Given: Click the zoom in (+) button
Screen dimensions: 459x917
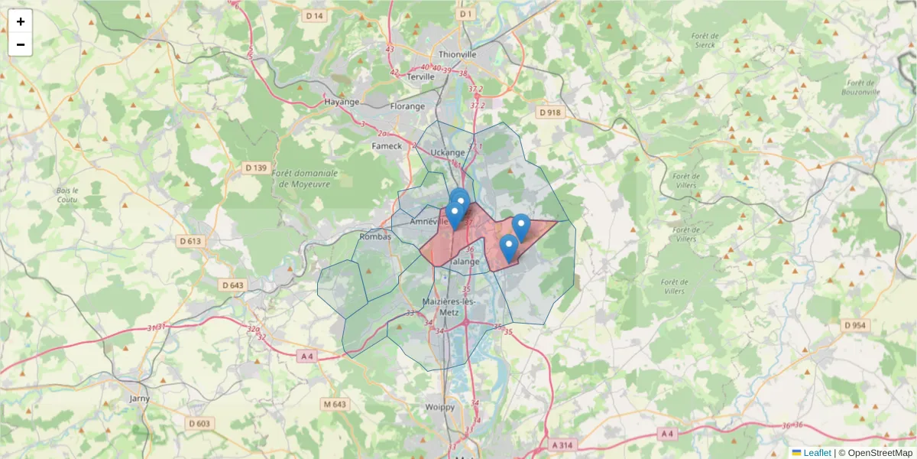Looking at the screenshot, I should click(x=21, y=21).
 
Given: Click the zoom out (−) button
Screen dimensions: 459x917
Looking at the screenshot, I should click(x=21, y=44).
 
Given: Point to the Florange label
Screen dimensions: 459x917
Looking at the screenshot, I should click(x=407, y=106).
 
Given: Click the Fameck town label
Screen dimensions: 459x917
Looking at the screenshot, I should click(x=386, y=146).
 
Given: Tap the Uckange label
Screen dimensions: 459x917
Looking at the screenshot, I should click(x=448, y=152).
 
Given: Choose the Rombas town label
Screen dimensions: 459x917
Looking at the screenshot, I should click(x=375, y=236).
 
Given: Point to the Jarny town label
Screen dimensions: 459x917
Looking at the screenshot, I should click(x=140, y=399).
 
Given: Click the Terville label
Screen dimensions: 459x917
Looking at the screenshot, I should click(x=421, y=76).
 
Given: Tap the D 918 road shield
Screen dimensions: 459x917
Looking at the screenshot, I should click(x=549, y=112).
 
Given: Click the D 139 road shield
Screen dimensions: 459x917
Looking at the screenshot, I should click(x=256, y=168).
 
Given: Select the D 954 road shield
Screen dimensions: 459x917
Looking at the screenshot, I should click(x=856, y=325).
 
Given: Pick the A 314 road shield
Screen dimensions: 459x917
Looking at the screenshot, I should click(x=562, y=444).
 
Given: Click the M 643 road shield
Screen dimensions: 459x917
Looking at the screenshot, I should click(x=335, y=404).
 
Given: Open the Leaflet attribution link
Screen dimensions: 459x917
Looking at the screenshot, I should click(x=817, y=453).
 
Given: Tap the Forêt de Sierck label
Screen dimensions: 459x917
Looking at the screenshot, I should click(x=704, y=40).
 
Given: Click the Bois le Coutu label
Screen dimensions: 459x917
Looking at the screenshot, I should click(x=68, y=195).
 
